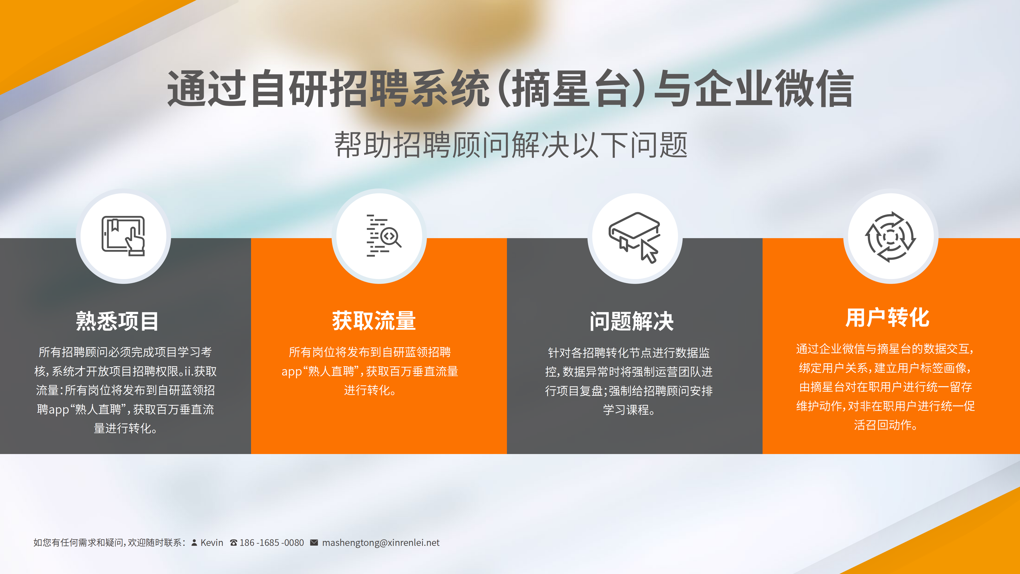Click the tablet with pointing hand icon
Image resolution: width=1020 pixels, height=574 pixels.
coord(123,237)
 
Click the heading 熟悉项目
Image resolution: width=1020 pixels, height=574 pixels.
coord(117,321)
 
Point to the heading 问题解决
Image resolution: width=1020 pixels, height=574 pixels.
coord(632,321)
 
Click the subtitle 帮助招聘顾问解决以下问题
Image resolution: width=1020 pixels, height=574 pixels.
coord(511,145)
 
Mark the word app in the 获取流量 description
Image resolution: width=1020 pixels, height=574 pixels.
coord(292,372)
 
